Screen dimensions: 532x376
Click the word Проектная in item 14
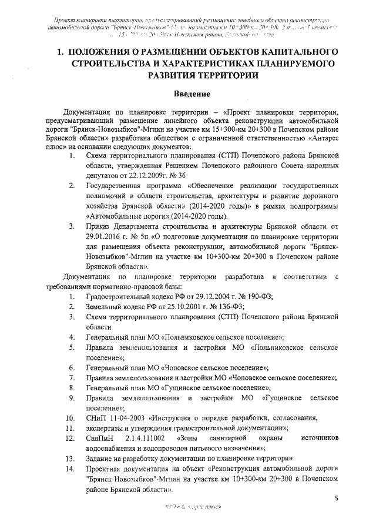[105, 469]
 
